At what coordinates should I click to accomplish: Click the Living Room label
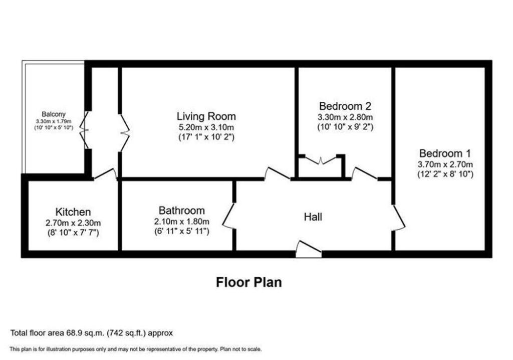206,116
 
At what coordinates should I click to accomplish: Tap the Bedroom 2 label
345,106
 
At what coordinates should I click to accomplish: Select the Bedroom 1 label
445,153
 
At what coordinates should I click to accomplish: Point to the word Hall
313,217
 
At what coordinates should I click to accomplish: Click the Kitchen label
73,212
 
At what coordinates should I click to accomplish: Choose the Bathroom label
181,211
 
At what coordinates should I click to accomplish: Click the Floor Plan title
248,282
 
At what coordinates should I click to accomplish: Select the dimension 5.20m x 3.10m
206,127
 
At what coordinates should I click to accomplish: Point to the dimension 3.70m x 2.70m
445,164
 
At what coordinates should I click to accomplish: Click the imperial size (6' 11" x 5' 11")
181,231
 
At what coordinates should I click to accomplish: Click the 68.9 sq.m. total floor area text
92,333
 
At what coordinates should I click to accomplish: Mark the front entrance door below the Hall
308,249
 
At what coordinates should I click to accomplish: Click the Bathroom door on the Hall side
227,216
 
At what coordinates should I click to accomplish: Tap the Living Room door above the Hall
277,173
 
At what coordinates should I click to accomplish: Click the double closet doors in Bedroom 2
321,160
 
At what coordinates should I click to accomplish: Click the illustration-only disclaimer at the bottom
135,349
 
